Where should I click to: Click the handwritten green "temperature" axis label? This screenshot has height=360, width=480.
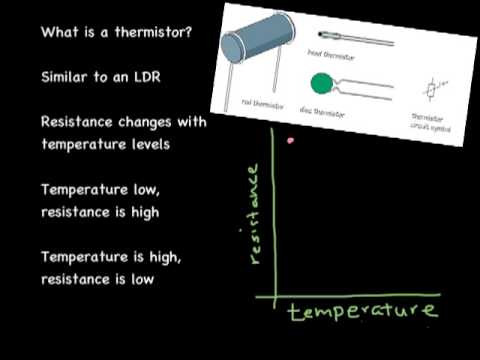tap(362, 312)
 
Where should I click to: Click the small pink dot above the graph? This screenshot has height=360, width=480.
tap(290, 141)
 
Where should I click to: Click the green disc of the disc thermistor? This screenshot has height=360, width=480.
tap(323, 81)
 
